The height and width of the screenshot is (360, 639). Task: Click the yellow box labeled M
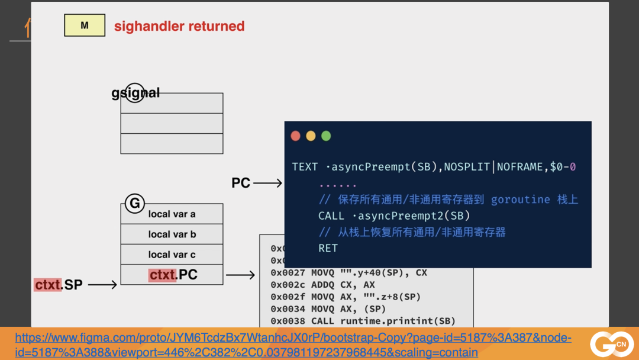point(85,25)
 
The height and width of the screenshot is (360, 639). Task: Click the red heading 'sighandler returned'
point(179,26)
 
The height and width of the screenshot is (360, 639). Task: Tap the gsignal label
point(135,93)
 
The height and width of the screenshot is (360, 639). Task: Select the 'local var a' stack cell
point(172,214)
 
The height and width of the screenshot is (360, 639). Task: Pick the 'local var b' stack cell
point(172,234)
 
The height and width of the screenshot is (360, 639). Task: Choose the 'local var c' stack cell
point(172,254)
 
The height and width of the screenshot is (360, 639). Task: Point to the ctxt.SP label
point(58,285)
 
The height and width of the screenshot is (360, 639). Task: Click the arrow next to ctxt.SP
point(102,285)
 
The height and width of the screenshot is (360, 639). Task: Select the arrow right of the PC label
point(268,183)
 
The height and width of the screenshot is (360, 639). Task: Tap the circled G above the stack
point(135,204)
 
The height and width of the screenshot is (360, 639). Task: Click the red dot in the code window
point(296,136)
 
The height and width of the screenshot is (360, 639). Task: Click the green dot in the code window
point(326,136)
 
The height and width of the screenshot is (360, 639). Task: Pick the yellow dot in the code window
point(311,136)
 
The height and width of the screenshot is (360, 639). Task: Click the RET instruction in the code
point(328,248)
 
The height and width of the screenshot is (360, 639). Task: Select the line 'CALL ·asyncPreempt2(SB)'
point(393,216)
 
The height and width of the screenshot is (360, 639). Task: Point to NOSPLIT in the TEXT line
point(468,167)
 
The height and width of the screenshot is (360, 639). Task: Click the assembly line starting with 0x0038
point(363,321)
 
